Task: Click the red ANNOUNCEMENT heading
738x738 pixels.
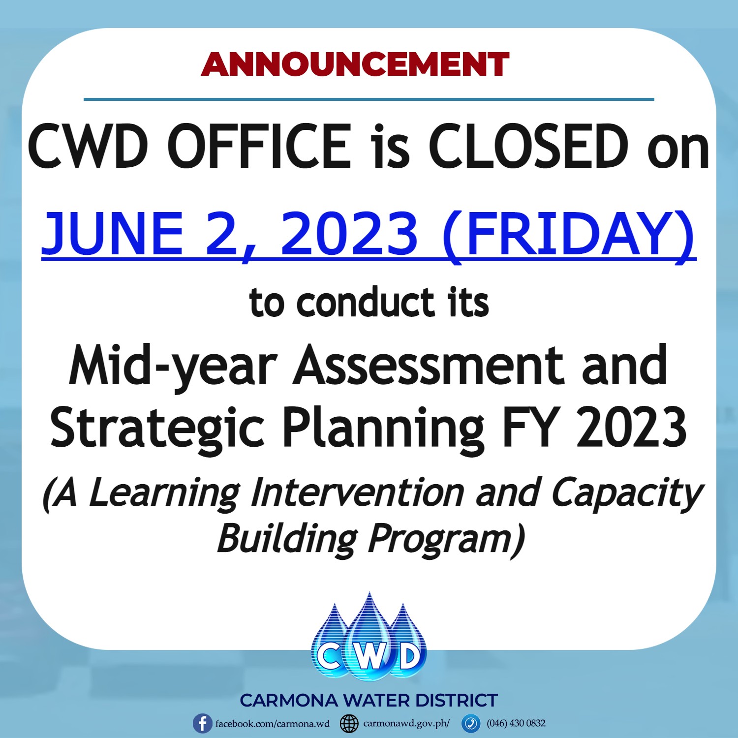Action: [355, 64]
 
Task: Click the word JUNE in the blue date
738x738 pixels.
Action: [113, 233]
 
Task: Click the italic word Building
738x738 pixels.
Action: [287, 540]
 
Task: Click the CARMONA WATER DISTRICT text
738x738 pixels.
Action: [369, 700]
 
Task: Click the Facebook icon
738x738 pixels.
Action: [202, 724]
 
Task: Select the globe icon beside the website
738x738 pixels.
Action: [349, 724]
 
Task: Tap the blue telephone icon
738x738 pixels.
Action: [471, 724]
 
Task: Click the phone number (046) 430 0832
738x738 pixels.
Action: [516, 723]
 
